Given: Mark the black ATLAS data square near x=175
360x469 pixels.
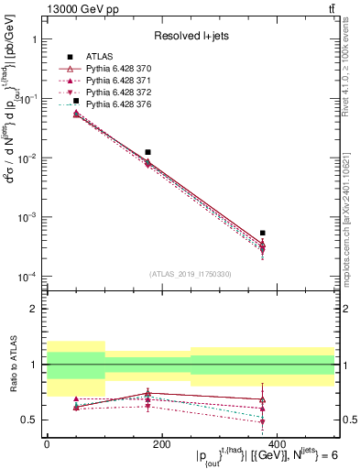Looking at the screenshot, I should tap(147, 152).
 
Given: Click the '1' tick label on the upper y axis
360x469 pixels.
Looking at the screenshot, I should tap(33, 40).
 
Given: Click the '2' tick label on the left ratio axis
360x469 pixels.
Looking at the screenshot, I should tap(33, 309).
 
